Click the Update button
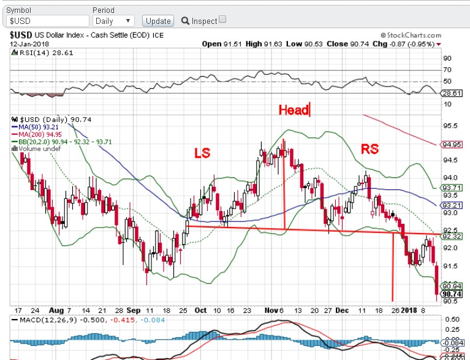(158, 21)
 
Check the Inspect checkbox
(222, 20)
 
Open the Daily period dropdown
(113, 21)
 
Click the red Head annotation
(294, 110)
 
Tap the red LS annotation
(203, 152)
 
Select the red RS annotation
(370, 148)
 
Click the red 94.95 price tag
(450, 145)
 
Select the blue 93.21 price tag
(450, 204)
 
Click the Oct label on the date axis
(200, 310)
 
